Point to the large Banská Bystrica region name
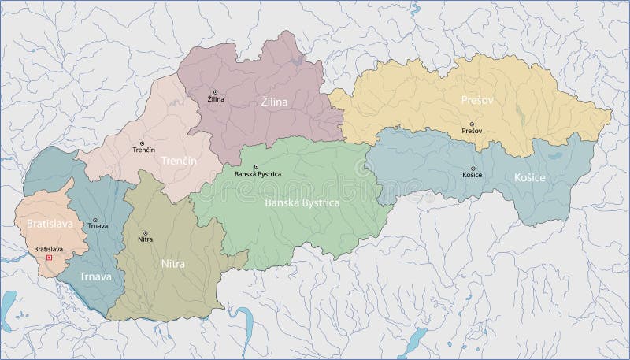click(302, 202)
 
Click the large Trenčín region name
click(178, 160)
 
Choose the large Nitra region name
click(172, 264)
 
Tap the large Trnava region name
click(94, 276)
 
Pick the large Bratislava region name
click(46, 224)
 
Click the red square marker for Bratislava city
click(50, 257)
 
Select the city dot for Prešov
click(472, 124)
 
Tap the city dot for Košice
click(473, 169)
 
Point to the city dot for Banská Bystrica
click(255, 165)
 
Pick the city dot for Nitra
click(144, 232)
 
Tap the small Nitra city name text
click(145, 239)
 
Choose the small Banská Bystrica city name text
click(258, 173)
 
